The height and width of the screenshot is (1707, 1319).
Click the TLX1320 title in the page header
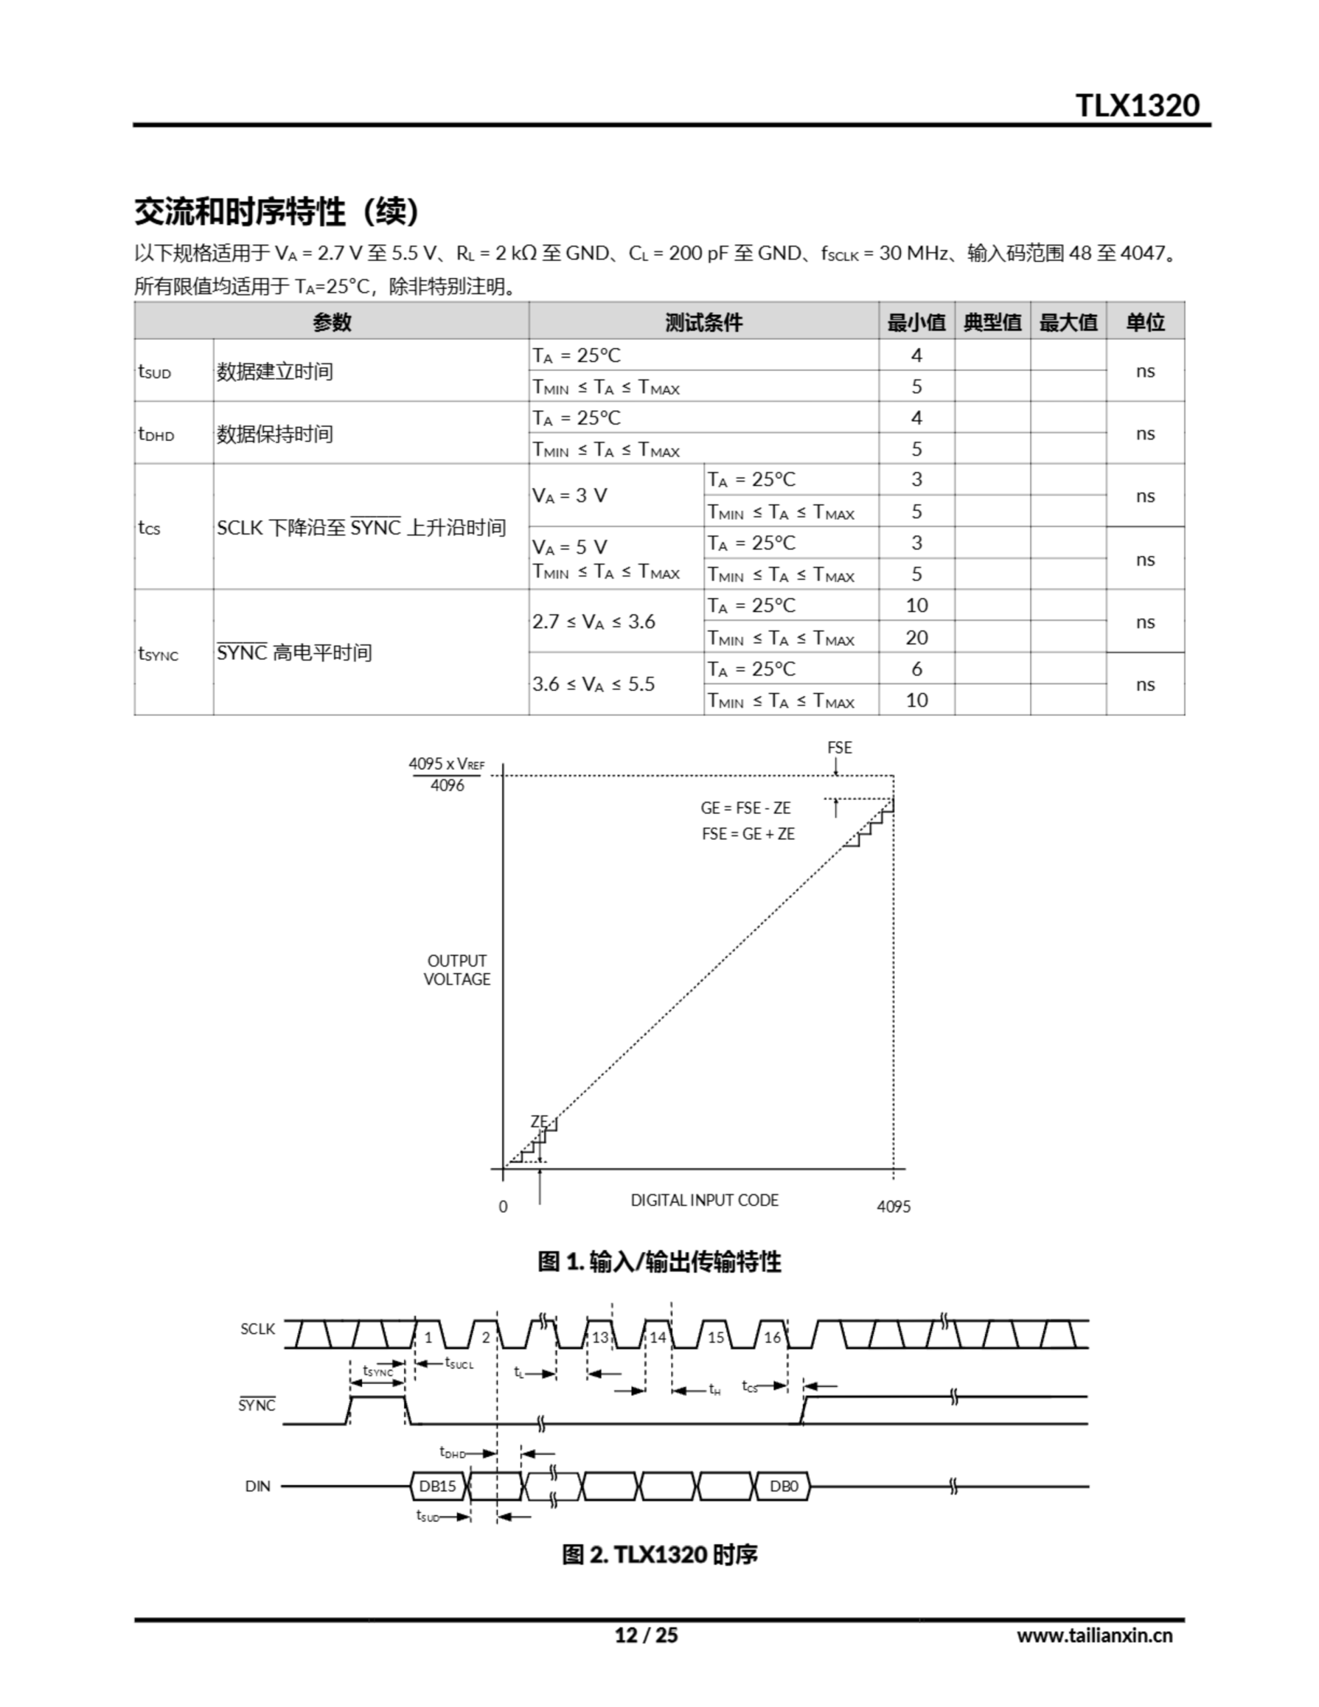[1137, 105]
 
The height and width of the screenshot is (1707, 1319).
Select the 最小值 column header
[916, 322]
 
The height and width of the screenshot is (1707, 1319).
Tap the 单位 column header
[1145, 322]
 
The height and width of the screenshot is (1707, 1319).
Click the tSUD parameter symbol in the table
[154, 372]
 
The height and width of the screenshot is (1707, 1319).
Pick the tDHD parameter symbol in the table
[155, 435]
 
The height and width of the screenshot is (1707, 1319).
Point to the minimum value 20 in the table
[916, 637]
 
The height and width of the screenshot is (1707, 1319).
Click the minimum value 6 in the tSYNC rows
[916, 669]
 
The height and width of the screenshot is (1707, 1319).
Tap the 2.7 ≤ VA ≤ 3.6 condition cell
[593, 622]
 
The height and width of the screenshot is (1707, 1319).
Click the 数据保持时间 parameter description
[275, 434]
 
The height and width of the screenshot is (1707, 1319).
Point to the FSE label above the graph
[839, 748]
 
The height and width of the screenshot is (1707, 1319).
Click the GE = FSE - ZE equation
[745, 808]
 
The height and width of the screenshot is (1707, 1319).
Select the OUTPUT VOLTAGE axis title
[457, 970]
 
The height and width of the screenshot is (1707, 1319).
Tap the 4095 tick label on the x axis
[894, 1207]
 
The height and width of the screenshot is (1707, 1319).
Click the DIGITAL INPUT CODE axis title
[704, 1200]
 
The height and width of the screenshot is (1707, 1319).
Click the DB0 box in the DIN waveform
[784, 1486]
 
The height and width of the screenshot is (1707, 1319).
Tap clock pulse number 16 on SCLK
[772, 1338]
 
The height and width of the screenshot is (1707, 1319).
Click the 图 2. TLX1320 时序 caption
[659, 1554]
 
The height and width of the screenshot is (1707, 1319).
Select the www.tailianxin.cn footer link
[1094, 1636]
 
